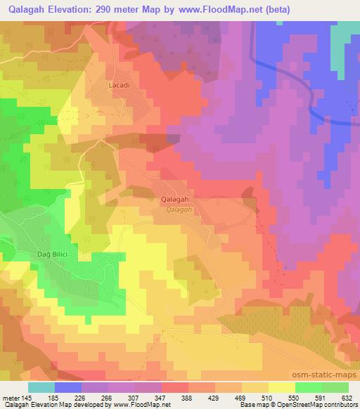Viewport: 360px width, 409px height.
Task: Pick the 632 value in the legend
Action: [x=345, y=397]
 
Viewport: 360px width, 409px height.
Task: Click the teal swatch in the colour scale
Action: [x=41, y=387]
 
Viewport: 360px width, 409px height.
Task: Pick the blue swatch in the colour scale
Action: [x=68, y=387]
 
